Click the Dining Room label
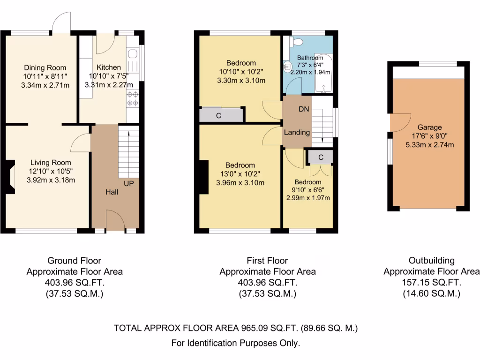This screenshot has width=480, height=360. point(45,67)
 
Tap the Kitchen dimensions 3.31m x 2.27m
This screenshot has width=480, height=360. point(109,85)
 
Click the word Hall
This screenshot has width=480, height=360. point(112,192)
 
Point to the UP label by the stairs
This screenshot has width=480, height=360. point(129,183)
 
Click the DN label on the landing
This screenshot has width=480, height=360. point(304,109)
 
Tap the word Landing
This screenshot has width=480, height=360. point(297,132)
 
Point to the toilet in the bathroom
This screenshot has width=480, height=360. point(294,42)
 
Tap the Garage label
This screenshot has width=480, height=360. point(429,127)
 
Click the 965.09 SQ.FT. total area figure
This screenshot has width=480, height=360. point(262,328)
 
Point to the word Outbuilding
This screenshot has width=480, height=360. point(431,261)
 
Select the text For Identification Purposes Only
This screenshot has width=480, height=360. point(235,343)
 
